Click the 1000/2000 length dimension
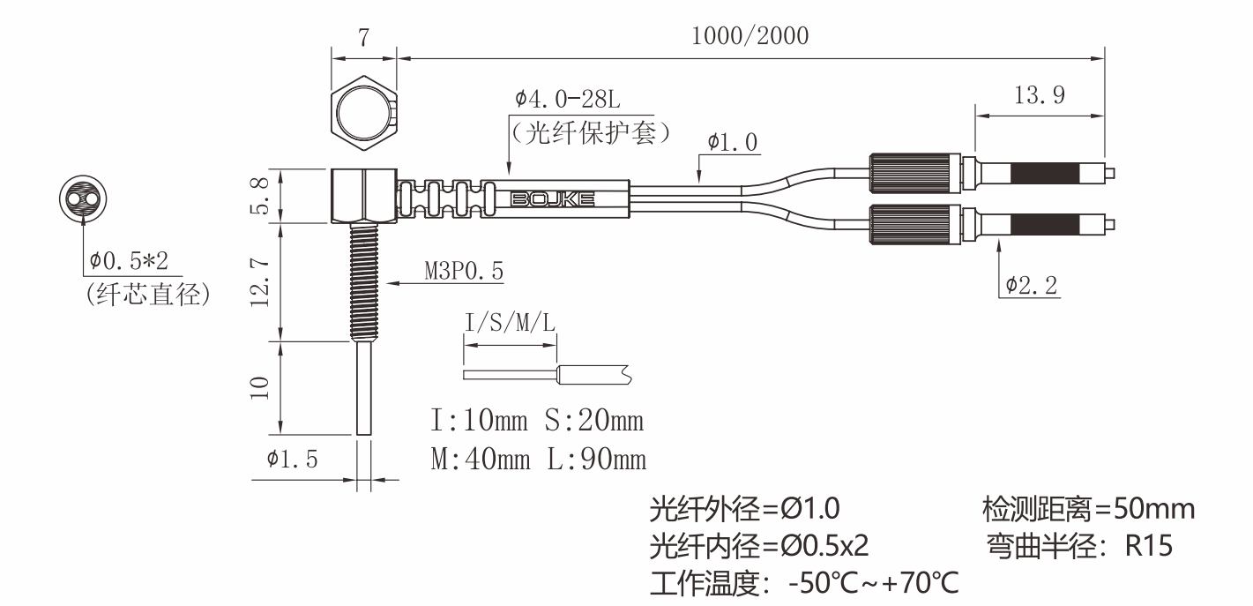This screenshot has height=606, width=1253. pos(750,37)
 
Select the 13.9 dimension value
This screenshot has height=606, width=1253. pos(1040,96)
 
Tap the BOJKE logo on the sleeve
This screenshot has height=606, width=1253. pos(552,200)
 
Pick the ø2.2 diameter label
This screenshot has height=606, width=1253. pos(1032,285)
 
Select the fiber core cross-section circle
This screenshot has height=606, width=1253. pos(81,198)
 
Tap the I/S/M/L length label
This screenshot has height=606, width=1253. pos(511,324)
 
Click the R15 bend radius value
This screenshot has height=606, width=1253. pos(1149,547)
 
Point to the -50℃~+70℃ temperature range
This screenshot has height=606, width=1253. pos(873,584)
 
